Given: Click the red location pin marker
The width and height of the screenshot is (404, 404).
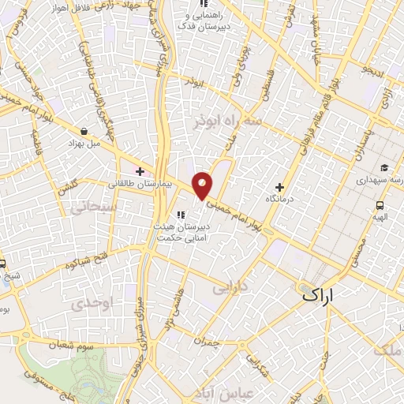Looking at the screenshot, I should point(203,185).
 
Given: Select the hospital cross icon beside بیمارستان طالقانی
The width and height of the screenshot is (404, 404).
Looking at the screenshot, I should point(140,170).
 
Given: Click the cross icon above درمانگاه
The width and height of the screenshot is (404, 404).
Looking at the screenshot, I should point(279,186).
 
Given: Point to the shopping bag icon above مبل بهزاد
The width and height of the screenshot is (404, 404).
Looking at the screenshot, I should point(84,132).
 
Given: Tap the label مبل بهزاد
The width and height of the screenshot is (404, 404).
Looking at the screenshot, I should point(84,145).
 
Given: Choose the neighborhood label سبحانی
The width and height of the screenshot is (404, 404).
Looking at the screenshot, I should point(93,208).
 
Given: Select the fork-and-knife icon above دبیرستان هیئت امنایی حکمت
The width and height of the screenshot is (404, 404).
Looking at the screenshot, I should point(181,214).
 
